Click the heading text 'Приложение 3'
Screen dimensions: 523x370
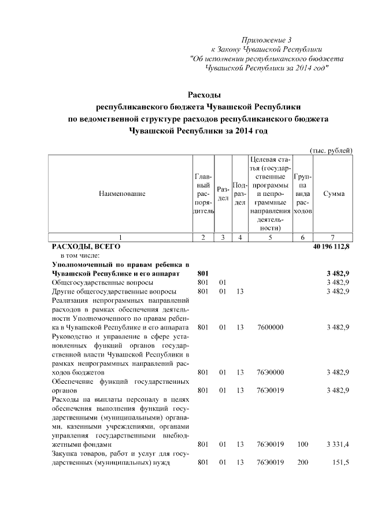pyautogui.click(x=267, y=40)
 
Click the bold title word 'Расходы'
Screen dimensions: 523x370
pyautogui.click(x=206, y=94)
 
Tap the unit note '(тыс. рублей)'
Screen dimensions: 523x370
pyautogui.click(x=331, y=150)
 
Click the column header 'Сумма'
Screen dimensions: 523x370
pyautogui.click(x=334, y=194)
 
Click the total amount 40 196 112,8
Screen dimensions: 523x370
pyautogui.click(x=331, y=246)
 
